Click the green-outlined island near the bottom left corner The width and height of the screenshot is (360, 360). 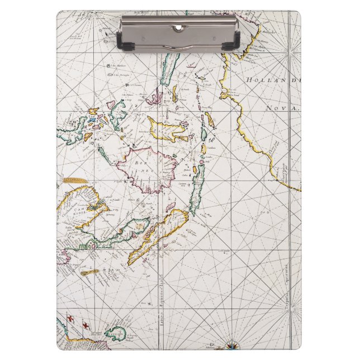tap(116, 334)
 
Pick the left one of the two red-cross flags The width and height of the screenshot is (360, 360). tap(70, 319)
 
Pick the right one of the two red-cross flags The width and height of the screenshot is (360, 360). tap(86, 325)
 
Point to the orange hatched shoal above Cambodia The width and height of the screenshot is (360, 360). tap(75, 181)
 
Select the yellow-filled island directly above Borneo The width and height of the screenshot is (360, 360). tap(165, 130)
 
